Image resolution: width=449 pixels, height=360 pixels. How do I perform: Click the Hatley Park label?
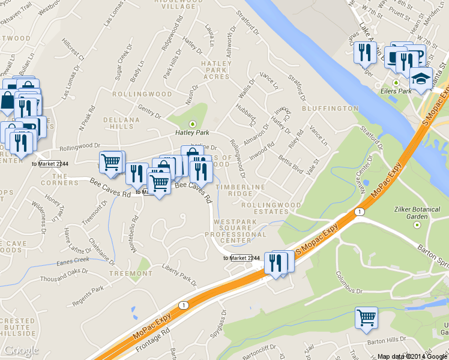191,132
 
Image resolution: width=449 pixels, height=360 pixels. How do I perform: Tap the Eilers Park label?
396,91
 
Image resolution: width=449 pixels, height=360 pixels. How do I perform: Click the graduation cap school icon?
421,79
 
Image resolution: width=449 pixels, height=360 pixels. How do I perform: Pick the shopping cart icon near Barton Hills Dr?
366,319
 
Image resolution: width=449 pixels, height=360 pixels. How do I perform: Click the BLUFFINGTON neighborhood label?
330,109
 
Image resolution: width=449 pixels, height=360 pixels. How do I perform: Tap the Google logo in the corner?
21,350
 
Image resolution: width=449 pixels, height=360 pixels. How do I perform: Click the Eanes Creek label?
73,260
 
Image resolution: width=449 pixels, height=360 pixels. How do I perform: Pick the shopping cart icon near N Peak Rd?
110,162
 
